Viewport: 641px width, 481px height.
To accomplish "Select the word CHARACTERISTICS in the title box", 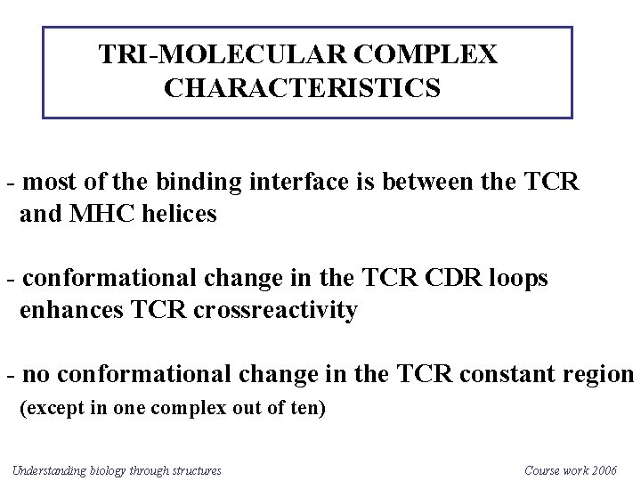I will tap(302, 89).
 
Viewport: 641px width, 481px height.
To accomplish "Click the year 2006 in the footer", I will tap(602, 470).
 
